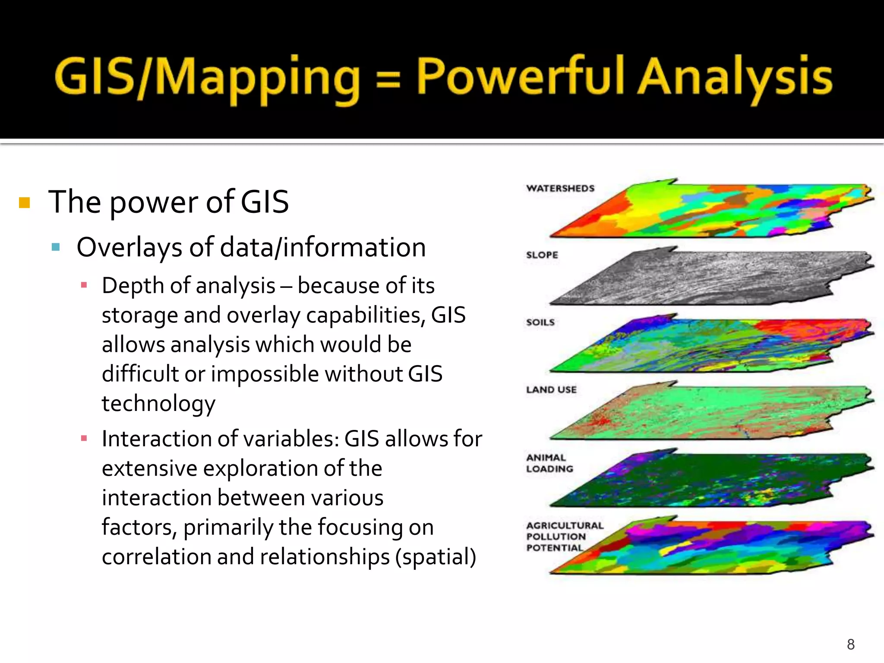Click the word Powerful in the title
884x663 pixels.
(520, 77)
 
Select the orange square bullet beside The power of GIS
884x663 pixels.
(25, 202)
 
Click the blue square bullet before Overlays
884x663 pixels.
(56, 247)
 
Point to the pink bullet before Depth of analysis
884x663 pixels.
(84, 285)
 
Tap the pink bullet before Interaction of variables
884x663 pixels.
(84, 439)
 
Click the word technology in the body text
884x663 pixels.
(158, 404)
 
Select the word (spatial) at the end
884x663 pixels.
(436, 557)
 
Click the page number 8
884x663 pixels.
(850, 644)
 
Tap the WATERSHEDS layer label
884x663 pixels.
(560, 188)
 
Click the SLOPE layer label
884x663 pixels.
(542, 255)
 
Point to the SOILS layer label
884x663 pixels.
(540, 322)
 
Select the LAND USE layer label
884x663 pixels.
(551, 389)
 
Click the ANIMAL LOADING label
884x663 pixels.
(549, 463)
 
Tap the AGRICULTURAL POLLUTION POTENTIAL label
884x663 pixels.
(564, 537)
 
